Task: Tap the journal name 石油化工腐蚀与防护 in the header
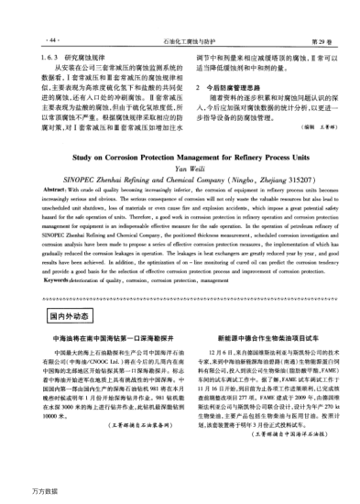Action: tap(180, 16)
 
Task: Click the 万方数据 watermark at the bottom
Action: tap(20, 493)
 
